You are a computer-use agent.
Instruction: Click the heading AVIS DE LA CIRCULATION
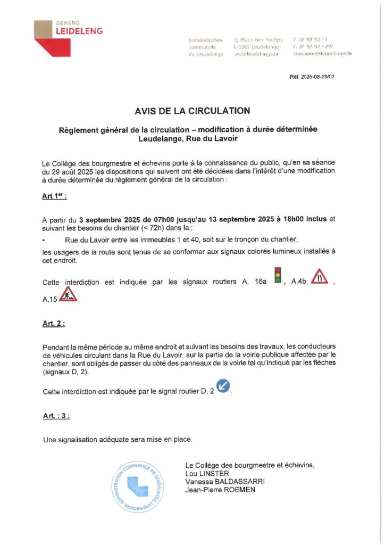[192, 111]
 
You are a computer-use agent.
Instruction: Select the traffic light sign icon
[277, 276]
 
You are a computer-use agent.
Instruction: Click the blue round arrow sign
[223, 386]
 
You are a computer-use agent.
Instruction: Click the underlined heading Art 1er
[54, 196]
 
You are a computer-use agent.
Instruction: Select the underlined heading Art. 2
[54, 323]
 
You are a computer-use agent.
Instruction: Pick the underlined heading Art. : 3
[56, 416]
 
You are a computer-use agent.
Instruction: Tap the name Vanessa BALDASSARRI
[224, 482]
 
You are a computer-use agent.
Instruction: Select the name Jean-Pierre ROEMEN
[220, 490]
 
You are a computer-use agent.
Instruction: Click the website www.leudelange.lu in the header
[256, 54]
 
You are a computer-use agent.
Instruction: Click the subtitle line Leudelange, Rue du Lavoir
[192, 139]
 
